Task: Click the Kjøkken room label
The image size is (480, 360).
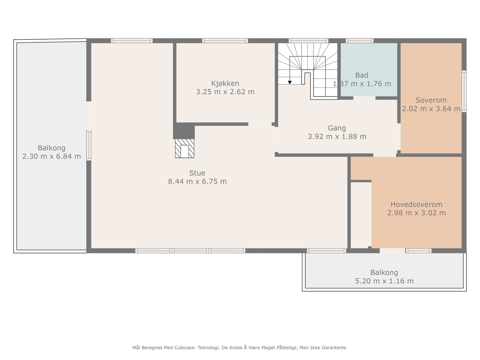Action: (225, 83)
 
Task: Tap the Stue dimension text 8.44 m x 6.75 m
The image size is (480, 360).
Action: (197, 181)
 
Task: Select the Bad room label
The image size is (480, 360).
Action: (362, 75)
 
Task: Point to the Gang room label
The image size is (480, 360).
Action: (337, 128)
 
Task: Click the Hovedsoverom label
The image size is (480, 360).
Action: (416, 204)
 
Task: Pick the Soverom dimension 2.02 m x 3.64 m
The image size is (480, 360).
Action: (431, 109)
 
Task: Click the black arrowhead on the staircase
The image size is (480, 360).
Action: (290, 82)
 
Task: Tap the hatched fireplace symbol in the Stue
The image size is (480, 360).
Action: (184, 148)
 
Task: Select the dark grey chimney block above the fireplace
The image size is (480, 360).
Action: (184, 131)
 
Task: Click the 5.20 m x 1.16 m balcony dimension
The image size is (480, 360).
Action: (384, 281)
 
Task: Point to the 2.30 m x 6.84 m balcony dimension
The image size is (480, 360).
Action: (52, 156)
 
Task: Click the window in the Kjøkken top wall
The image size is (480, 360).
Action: (225, 41)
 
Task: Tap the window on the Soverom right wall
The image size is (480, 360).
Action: (464, 91)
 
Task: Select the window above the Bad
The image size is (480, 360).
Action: (359, 41)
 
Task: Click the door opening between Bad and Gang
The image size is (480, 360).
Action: (364, 98)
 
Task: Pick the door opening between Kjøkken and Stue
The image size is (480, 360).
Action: (260, 124)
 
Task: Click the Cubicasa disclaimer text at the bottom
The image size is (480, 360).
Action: (240, 347)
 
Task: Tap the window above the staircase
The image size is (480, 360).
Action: (309, 41)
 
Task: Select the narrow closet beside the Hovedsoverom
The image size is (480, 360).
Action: (359, 215)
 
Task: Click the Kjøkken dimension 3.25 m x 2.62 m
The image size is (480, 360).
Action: (225, 92)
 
